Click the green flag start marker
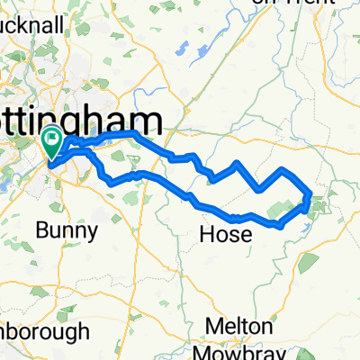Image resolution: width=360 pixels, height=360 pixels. [x=52, y=140]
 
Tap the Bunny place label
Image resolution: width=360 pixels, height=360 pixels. [x=67, y=231]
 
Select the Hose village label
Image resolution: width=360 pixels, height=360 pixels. [x=223, y=236]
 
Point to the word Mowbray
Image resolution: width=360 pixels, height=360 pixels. [x=239, y=348]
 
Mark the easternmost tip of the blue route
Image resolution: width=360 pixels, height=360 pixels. [x=311, y=193]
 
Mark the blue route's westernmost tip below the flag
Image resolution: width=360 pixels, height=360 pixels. [x=48, y=164]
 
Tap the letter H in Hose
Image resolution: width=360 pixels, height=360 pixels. [x=204, y=236]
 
